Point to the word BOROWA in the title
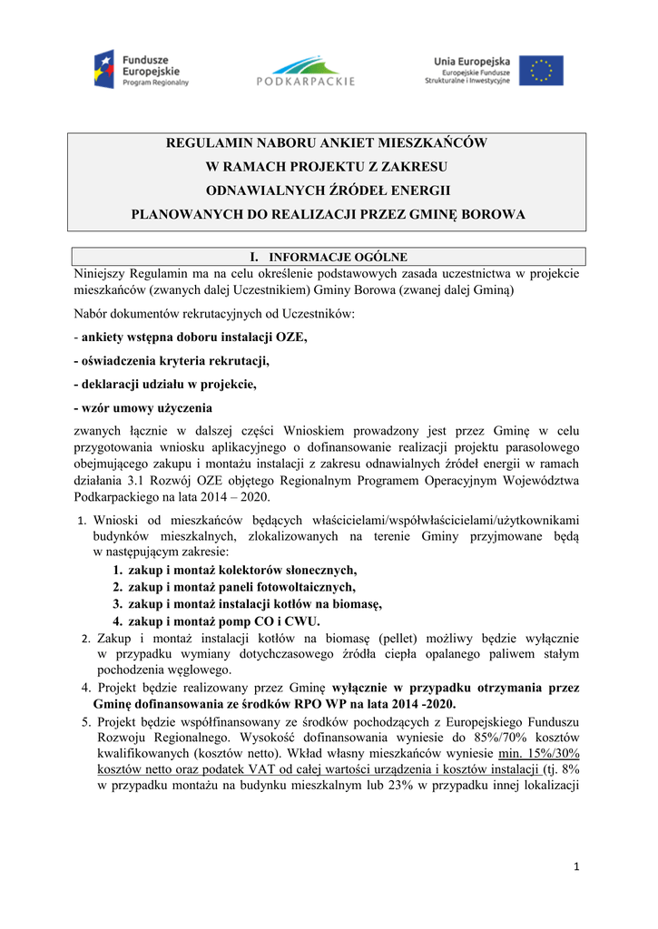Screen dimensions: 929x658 pos(494,215)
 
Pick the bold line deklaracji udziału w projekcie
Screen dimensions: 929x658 pos(165,384)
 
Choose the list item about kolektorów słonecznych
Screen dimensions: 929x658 pos(242,570)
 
